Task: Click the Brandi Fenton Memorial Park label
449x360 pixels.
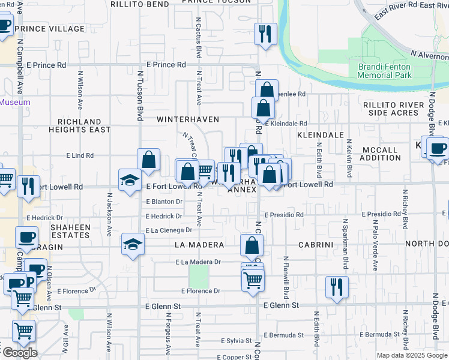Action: pyautogui.click(x=385, y=71)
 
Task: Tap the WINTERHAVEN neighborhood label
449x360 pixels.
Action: pyautogui.click(x=188, y=119)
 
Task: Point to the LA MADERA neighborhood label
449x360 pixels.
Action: pyautogui.click(x=199, y=245)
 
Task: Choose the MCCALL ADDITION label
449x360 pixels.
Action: pyautogui.click(x=380, y=154)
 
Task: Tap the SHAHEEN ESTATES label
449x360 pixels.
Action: pyautogui.click(x=70, y=232)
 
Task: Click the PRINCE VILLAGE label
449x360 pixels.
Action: pyautogui.click(x=50, y=29)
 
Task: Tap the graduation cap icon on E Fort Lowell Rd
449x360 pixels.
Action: pyautogui.click(x=130, y=180)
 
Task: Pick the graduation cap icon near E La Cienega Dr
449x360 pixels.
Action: pyautogui.click(x=133, y=244)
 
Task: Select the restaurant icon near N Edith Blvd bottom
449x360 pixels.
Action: pyautogui.click(x=337, y=286)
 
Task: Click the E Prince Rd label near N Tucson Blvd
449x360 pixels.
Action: pyautogui.click(x=165, y=65)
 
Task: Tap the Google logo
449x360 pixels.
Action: pyautogui.click(x=20, y=353)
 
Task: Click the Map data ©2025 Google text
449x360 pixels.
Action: pyautogui.click(x=411, y=355)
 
